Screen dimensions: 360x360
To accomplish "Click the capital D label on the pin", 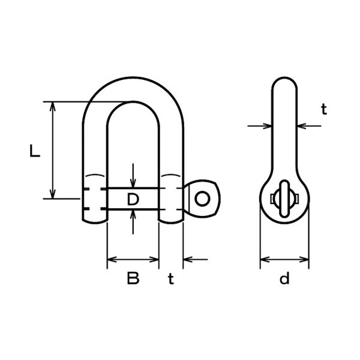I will coord(133,199).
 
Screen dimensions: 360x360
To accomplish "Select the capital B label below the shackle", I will coord(133,278).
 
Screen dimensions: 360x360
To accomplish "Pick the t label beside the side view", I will coord(323,109).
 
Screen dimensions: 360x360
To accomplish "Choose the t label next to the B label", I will coord(171,278).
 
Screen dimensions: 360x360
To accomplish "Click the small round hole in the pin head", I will coord(204,198).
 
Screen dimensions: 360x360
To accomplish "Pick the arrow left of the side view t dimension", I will coord(268,126).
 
